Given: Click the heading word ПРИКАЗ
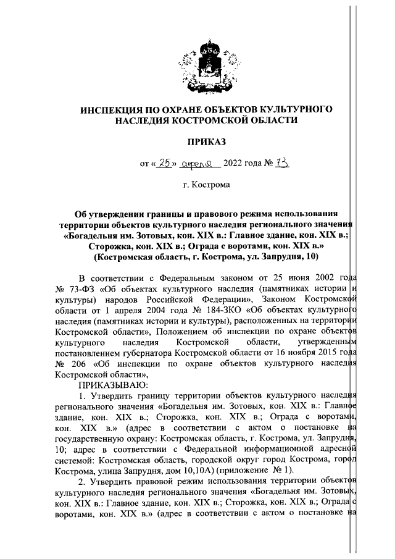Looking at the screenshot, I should [197, 143].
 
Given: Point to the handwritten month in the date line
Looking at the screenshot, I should [199, 164].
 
